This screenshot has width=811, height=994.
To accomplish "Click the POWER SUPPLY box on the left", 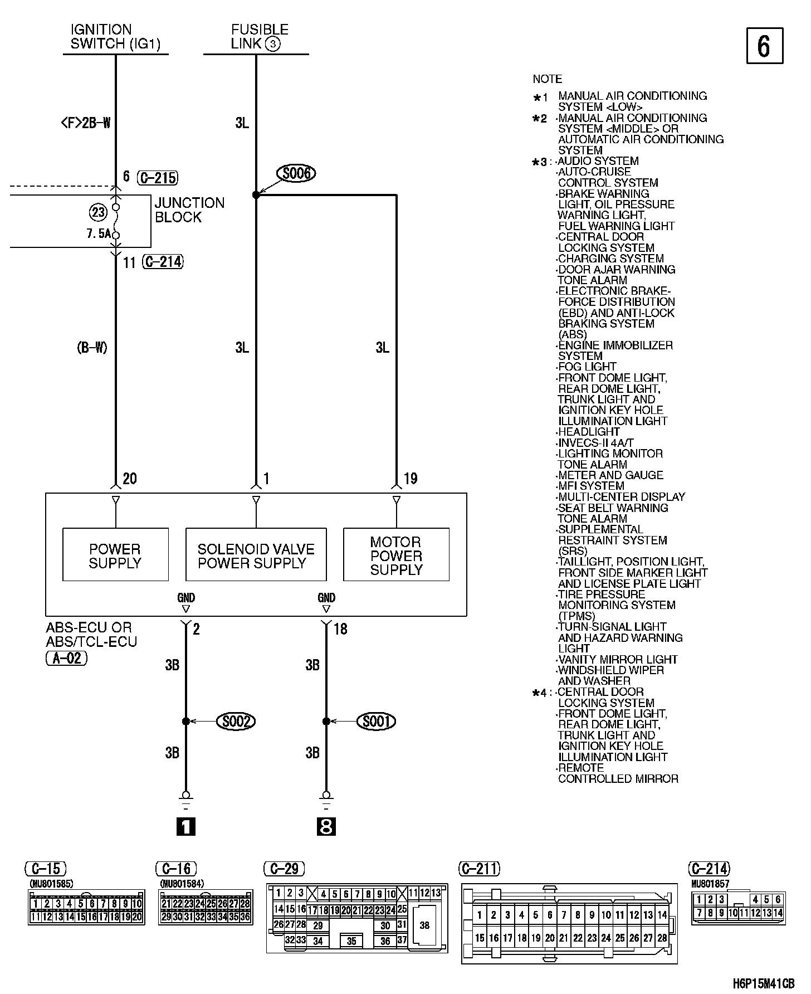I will click(x=115, y=555).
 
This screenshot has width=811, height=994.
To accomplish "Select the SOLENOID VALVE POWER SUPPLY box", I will click(x=256, y=555).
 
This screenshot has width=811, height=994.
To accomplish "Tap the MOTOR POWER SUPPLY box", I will click(x=396, y=555).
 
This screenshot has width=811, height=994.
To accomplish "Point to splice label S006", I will click(x=296, y=173).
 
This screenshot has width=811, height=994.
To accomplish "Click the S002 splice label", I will click(x=236, y=722).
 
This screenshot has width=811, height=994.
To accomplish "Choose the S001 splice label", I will click(x=377, y=722).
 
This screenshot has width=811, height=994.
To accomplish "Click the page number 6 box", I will click(x=764, y=46).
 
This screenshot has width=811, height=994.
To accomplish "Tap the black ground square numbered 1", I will click(x=186, y=826).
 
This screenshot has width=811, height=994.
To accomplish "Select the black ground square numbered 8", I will click(x=326, y=826).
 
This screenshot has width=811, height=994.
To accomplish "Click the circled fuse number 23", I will click(x=98, y=212).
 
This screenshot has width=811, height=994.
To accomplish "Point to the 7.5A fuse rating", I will click(x=98, y=233).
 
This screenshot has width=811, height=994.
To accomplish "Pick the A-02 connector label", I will click(x=66, y=658).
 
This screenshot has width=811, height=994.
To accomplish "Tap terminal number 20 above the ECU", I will click(x=129, y=479).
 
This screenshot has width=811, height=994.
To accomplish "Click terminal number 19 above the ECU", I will click(x=411, y=479).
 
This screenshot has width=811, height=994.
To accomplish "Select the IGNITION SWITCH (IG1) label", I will click(x=115, y=37).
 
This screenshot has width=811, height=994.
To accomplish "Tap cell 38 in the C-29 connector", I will click(x=424, y=925).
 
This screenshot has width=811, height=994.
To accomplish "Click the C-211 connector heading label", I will click(x=479, y=869).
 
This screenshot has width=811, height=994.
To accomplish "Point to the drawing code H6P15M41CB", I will click(x=763, y=984).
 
